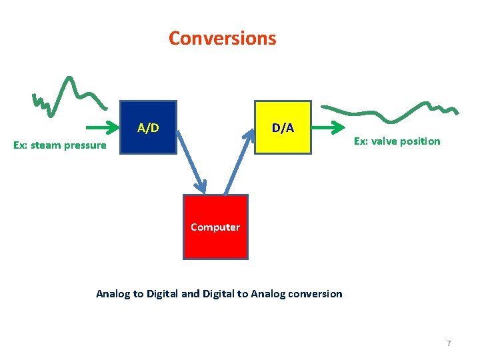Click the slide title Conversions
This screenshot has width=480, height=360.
click(222, 38)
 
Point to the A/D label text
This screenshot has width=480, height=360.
click(148, 127)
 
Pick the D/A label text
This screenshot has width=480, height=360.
click(283, 127)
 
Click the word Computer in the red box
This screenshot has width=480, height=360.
click(215, 227)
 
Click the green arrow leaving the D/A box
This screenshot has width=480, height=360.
click(329, 127)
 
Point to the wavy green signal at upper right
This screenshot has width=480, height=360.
click(390, 113)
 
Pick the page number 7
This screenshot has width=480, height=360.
click(449, 343)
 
